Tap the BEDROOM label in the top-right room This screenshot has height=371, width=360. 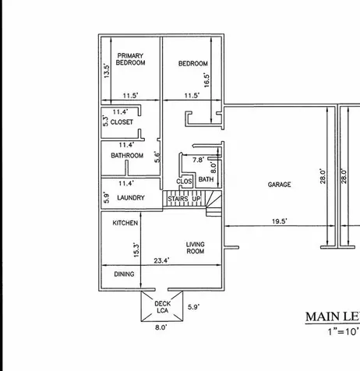(192, 64)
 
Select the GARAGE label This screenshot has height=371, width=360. (279, 185)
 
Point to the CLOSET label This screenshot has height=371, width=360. (122, 122)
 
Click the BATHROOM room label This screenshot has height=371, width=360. (127, 156)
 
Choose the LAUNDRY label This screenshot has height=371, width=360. (130, 198)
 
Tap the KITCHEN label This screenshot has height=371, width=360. (125, 223)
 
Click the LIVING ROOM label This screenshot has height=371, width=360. (195, 248)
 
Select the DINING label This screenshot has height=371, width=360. (125, 274)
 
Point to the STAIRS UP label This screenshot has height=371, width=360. (185, 200)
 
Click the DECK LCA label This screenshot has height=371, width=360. (162, 307)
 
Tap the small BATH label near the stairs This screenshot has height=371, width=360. (206, 180)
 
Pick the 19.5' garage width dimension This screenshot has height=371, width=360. (280, 222)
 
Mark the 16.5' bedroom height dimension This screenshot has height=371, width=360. (207, 79)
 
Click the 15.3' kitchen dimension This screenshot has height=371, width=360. (136, 249)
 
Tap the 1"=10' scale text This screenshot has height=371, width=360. (342, 332)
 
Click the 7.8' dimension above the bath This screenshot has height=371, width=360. (198, 160)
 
